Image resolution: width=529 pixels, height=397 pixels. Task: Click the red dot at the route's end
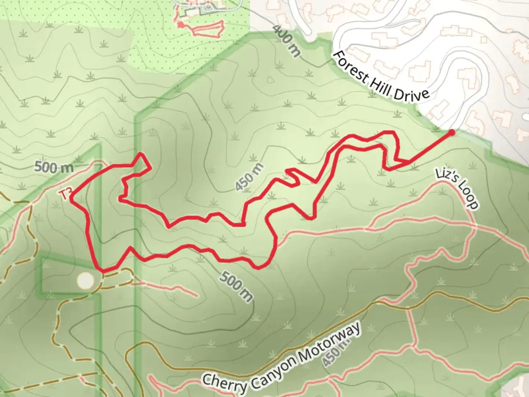click(x=452, y=132)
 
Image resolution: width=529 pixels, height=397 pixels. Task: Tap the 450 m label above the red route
click(x=249, y=178)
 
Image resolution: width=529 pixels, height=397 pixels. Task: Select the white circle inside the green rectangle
click(x=86, y=280)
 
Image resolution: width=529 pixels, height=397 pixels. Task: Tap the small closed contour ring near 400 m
click(x=270, y=80)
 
